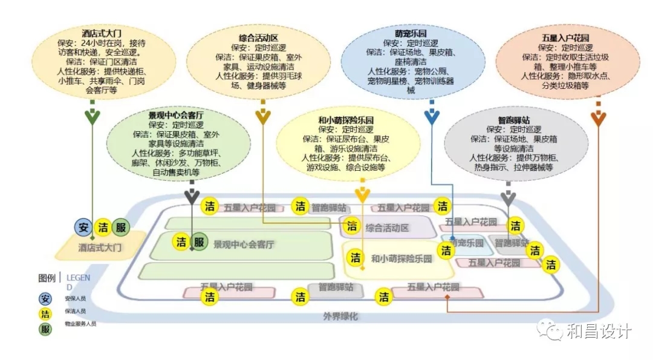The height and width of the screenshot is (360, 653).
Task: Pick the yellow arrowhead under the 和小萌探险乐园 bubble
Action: point(362,195)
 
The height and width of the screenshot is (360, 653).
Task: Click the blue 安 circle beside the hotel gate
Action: point(83,227)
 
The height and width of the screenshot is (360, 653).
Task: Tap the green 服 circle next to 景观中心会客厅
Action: point(199,242)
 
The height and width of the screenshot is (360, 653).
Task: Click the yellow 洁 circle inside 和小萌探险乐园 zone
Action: point(356,257)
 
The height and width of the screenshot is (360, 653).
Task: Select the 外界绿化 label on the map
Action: point(341,316)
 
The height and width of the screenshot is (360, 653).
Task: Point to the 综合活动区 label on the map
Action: point(388,227)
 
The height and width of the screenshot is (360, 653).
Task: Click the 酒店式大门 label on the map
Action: point(100,247)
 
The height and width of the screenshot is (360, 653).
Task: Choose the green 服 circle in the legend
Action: point(45,329)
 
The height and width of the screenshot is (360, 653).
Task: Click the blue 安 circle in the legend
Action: point(45,298)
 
